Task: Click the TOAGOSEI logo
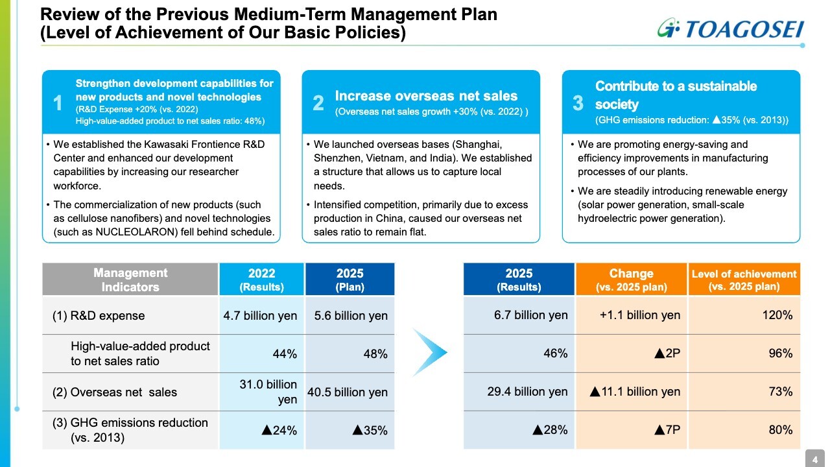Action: pyautogui.click(x=729, y=29)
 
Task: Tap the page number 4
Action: pyautogui.click(x=815, y=460)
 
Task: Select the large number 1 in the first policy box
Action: pyautogui.click(x=58, y=102)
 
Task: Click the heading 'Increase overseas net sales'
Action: pyautogui.click(x=426, y=96)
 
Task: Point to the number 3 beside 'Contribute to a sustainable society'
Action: pyautogui.click(x=578, y=102)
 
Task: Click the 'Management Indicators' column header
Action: pyautogui.click(x=130, y=280)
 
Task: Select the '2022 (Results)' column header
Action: pyautogui.click(x=261, y=280)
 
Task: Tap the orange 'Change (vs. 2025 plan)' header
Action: pyautogui.click(x=631, y=280)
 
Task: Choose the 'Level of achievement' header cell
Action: pyautogui.click(x=744, y=280)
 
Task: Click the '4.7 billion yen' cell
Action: pyautogui.click(x=260, y=316)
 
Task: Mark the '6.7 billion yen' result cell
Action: pyautogui.click(x=530, y=315)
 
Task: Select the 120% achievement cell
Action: pyautogui.click(x=778, y=315)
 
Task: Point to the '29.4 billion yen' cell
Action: pyautogui.click(x=527, y=392)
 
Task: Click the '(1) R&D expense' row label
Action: pyautogui.click(x=99, y=316)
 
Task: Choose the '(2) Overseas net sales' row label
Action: pyautogui.click(x=115, y=392)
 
